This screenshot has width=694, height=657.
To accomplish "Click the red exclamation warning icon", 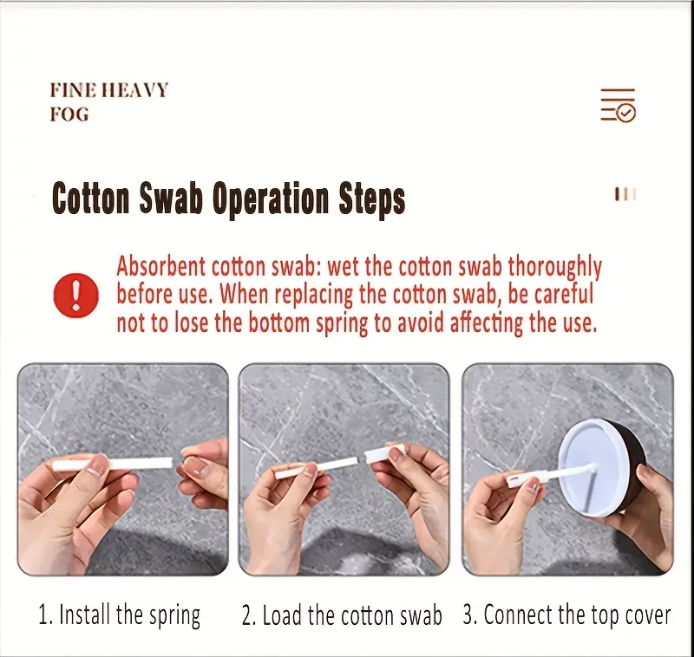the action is click(x=75, y=295).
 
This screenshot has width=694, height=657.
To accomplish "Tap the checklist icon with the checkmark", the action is click(x=618, y=105).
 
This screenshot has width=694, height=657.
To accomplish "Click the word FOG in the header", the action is click(x=69, y=114).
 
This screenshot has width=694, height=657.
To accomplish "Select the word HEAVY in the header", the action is click(x=135, y=90).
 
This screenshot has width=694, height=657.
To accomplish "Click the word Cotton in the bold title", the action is click(x=91, y=199).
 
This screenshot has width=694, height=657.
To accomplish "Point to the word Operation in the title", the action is click(x=271, y=200).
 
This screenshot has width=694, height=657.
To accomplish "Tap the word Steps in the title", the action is click(x=372, y=200).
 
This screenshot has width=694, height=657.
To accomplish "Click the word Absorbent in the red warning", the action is click(x=161, y=267).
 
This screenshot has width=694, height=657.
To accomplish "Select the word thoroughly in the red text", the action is click(x=554, y=268).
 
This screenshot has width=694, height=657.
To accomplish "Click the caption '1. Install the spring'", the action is click(x=120, y=615).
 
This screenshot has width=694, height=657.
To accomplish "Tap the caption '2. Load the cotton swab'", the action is click(x=342, y=615).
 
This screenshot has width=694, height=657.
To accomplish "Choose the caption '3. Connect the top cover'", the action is click(x=567, y=615).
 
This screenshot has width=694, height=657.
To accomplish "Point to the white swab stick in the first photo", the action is click(x=113, y=465).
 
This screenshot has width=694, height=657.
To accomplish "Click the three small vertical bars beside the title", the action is click(x=625, y=194).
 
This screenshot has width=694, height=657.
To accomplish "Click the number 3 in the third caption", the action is click(x=468, y=615).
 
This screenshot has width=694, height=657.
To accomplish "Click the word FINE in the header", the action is click(x=73, y=90).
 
